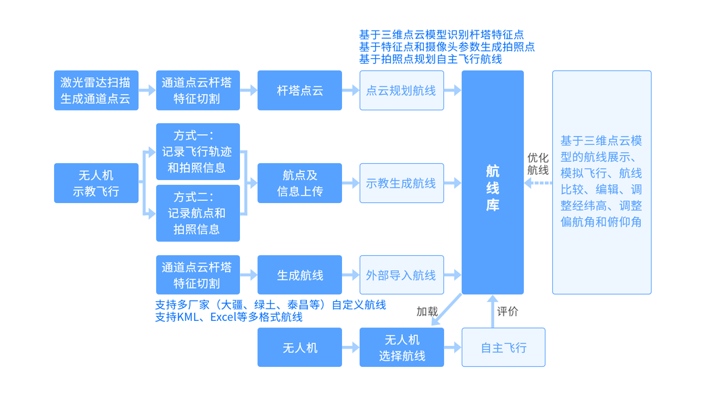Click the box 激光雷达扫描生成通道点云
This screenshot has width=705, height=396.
click(96, 90)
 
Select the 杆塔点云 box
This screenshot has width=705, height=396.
click(299, 90)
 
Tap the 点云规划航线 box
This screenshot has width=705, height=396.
click(402, 90)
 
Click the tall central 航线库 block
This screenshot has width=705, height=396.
click(493, 182)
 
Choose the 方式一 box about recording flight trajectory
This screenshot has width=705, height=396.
click(197, 152)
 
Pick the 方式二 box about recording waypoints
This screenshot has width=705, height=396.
click(197, 213)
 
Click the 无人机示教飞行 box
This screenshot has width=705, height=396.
click(96, 183)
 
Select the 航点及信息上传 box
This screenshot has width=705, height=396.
click(299, 183)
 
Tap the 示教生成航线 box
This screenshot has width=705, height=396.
click(402, 183)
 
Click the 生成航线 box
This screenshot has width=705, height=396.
click(299, 276)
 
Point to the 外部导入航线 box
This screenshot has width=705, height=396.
click(402, 276)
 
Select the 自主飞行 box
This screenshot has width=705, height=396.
click(503, 347)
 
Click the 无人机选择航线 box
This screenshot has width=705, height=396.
click(402, 347)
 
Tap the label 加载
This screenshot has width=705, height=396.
click(427, 311)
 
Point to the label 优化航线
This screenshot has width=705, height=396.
click(537, 164)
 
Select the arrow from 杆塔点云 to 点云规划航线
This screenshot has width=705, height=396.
click(350, 90)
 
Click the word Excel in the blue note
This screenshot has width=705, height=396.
click(221, 317)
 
